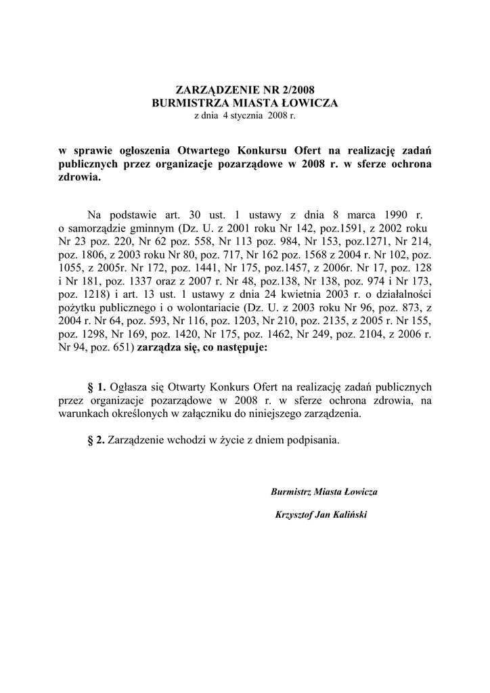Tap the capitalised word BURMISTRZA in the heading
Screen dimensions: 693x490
[190, 102]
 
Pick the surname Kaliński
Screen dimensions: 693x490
[348, 515]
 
